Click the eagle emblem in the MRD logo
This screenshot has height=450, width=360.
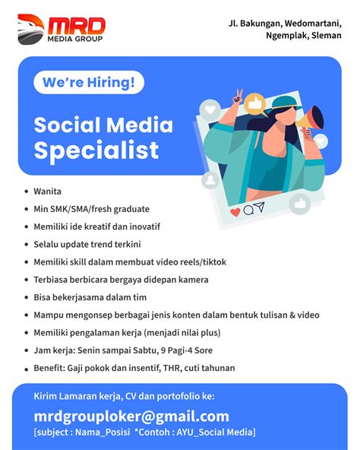(30, 30)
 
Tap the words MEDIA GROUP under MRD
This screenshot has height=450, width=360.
(75, 39)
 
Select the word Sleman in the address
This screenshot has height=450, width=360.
(327, 35)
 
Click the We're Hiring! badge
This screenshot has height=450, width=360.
(89, 82)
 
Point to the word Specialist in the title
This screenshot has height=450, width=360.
(96, 150)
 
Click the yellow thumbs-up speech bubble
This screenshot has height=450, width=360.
(255, 104)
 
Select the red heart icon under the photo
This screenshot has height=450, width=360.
(235, 212)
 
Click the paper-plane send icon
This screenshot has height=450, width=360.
(260, 207)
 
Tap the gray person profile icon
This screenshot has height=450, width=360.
(211, 180)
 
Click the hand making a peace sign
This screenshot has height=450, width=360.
(238, 97)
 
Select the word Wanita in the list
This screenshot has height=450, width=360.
(47, 192)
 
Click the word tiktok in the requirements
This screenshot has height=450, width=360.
(215, 262)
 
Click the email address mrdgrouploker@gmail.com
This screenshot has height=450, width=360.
(131, 417)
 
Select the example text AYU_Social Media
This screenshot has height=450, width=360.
(215, 433)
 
